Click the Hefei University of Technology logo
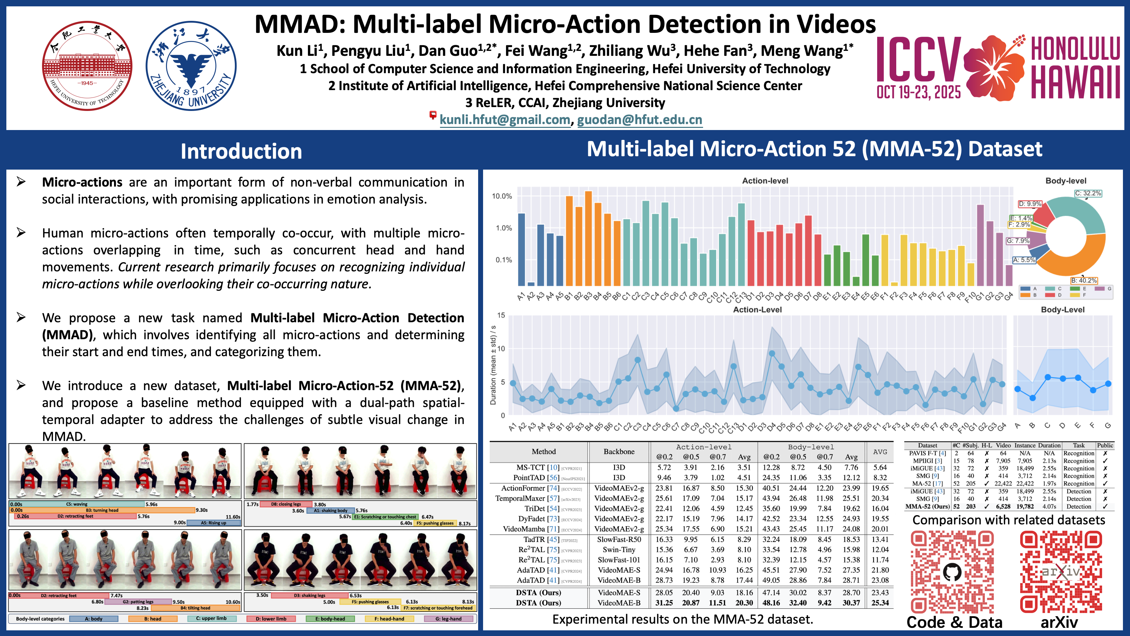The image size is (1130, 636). [87, 66]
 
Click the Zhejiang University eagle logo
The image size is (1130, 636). [191, 66]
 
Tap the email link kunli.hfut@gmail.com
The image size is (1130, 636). [505, 120]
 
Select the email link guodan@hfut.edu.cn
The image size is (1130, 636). [640, 120]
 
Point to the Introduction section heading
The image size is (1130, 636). [241, 151]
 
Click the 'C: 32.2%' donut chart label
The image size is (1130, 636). [1088, 193]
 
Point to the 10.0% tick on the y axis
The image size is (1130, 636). [502, 196]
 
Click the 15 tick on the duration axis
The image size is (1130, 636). [501, 315]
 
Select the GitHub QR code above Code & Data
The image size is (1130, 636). [952, 572]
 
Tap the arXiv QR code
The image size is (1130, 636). [1061, 572]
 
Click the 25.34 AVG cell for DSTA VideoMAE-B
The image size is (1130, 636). [880, 603]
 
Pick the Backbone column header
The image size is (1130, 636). [619, 452]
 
